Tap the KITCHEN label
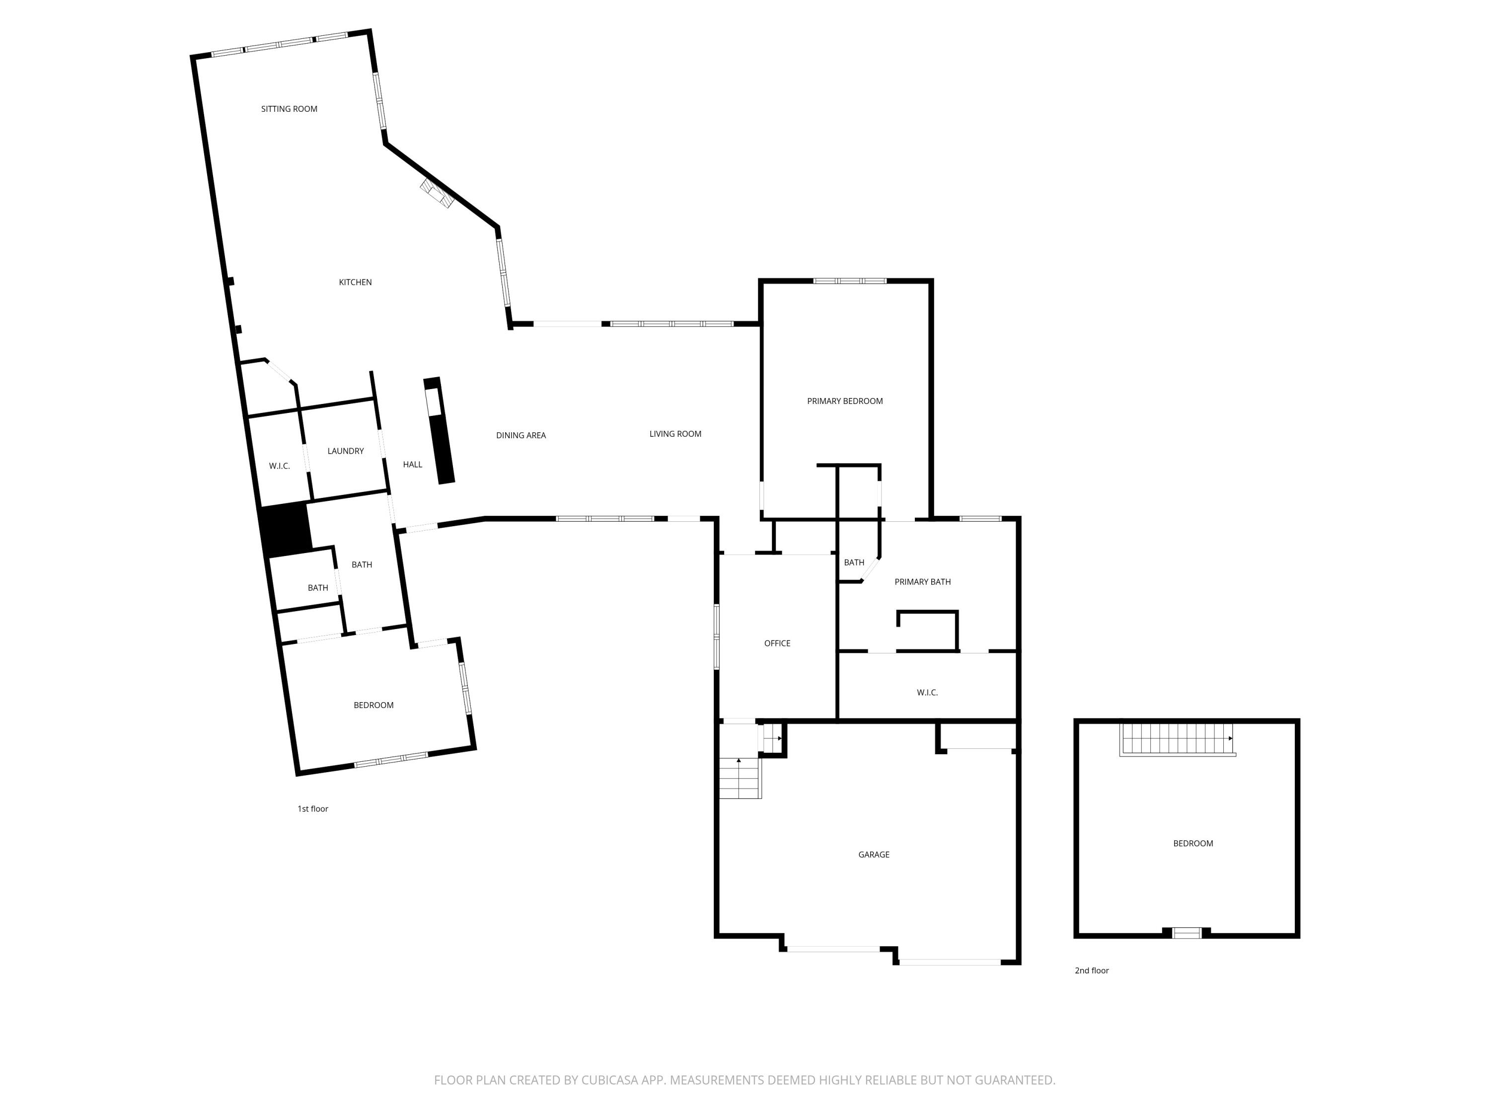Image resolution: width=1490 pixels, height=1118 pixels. pyautogui.click(x=355, y=282)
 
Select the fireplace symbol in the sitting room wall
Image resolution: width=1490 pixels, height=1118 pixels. pyautogui.click(x=437, y=193)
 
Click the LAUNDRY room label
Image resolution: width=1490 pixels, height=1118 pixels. pyautogui.click(x=346, y=451)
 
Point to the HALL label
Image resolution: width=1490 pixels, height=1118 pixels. pyautogui.click(x=412, y=464)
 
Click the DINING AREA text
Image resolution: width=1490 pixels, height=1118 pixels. pyautogui.click(x=521, y=435)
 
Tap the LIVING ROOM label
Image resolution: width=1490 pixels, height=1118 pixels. pyautogui.click(x=675, y=434)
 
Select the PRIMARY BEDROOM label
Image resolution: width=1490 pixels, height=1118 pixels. pyautogui.click(x=845, y=401)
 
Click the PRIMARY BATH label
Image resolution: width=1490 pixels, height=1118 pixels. pyautogui.click(x=922, y=581)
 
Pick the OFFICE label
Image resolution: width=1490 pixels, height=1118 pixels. pyautogui.click(x=777, y=643)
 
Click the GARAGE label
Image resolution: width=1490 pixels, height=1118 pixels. pyautogui.click(x=874, y=855)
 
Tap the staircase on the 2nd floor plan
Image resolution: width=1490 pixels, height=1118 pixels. pyautogui.click(x=1176, y=739)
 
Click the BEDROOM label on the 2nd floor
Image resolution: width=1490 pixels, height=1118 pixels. pyautogui.click(x=1193, y=843)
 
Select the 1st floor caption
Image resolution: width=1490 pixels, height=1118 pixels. pyautogui.click(x=312, y=808)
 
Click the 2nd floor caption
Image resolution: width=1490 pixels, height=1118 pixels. pyautogui.click(x=1091, y=970)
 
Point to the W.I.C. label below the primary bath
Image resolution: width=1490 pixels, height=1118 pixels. pyautogui.click(x=927, y=692)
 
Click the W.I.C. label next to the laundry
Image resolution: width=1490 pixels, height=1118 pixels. pyautogui.click(x=279, y=466)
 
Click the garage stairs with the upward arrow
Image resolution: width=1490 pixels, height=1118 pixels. pyautogui.click(x=740, y=778)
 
